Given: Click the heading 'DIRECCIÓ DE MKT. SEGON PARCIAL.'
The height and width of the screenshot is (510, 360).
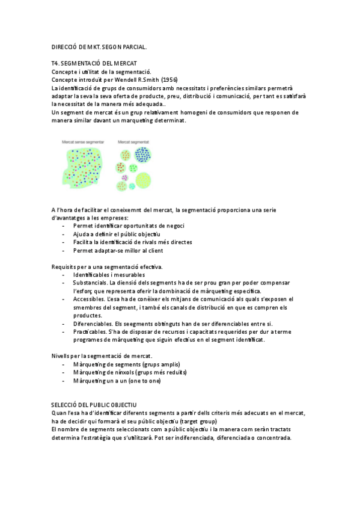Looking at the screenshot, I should [x=99, y=46].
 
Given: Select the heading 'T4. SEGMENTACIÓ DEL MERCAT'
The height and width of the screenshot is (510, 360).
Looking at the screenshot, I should [x=94, y=63].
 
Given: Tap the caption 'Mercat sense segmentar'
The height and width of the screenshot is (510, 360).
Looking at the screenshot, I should [x=83, y=142].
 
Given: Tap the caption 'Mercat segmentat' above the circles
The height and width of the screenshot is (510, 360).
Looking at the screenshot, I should [x=133, y=142].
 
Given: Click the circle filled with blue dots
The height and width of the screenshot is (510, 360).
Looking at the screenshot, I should [x=143, y=155].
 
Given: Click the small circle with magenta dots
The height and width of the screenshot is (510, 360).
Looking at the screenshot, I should [x=124, y=177].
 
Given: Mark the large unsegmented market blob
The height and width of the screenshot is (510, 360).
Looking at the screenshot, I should [x=84, y=168].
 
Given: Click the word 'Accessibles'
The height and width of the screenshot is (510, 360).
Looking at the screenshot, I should [x=89, y=299].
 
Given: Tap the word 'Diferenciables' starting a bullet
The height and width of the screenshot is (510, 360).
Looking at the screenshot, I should [x=93, y=324].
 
